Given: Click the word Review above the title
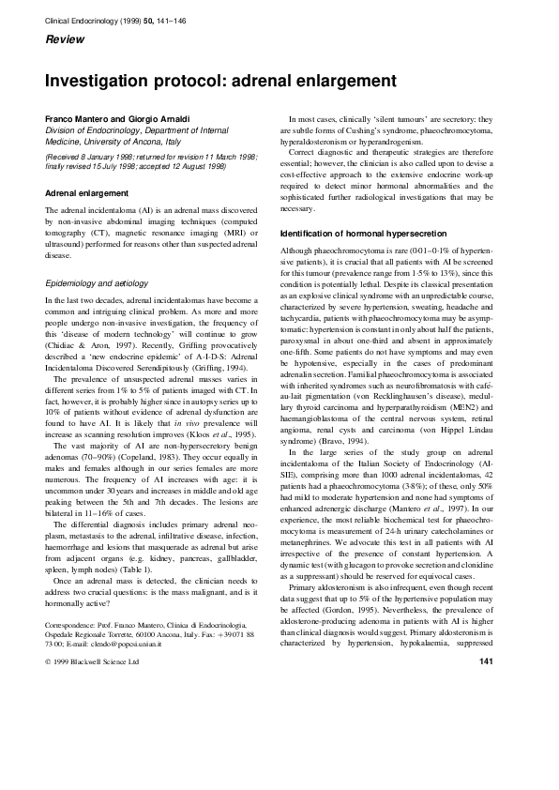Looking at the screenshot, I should (65, 40).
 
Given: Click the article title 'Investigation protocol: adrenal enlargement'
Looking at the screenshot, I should (220, 81).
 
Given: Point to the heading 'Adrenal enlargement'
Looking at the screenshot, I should (87, 192).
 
